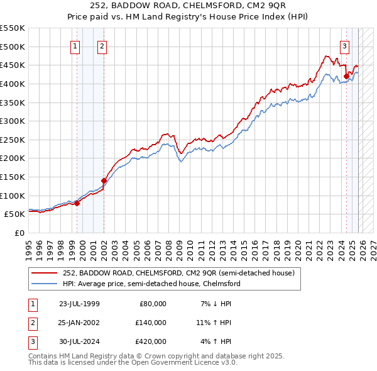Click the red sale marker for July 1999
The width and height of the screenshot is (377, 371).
pyautogui.click(x=77, y=203)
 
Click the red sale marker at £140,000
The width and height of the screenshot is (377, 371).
pyautogui.click(x=104, y=180)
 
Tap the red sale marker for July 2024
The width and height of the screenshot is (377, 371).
pyautogui.click(x=346, y=77)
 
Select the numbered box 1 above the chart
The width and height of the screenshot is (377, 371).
pyautogui.click(x=75, y=45)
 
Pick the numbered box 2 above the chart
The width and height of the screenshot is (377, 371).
pyautogui.click(x=102, y=45)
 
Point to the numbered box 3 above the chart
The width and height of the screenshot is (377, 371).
pyautogui.click(x=344, y=45)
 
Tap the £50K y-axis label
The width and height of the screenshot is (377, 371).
pyautogui.click(x=15, y=214)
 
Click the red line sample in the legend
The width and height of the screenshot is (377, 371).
pyautogui.click(x=45, y=273)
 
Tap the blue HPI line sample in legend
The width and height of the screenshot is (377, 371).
pyautogui.click(x=45, y=284)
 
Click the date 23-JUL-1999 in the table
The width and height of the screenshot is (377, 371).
pyautogui.click(x=79, y=304)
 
